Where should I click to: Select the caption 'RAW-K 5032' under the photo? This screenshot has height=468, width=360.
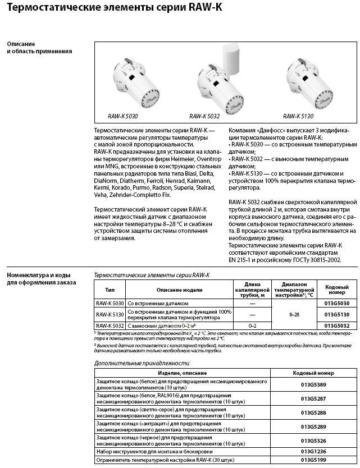point(204,116)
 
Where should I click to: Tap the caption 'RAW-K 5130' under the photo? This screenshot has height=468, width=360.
point(298,116)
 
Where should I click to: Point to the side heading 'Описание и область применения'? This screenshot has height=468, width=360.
point(39,48)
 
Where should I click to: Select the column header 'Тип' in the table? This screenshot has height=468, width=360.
point(110,290)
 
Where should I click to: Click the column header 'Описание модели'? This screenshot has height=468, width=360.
point(179,290)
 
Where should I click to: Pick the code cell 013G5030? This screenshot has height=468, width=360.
point(337,304)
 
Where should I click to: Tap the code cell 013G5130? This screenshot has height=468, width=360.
point(337,314)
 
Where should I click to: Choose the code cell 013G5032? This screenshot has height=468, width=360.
point(337,325)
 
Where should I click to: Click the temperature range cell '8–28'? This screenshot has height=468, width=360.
point(294,315)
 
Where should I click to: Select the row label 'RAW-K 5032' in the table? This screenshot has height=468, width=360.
point(110,325)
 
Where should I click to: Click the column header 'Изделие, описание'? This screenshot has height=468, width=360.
point(183,373)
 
